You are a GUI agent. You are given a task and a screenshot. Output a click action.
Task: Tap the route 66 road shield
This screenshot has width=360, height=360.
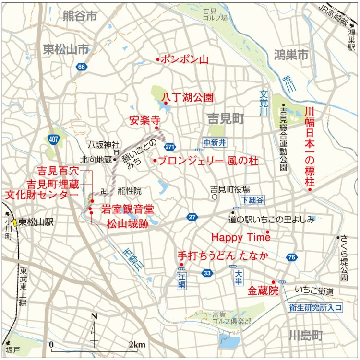(82, 67)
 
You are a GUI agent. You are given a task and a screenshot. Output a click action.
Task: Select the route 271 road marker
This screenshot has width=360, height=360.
(169, 146)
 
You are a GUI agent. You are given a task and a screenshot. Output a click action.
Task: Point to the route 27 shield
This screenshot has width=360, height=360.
(192, 217)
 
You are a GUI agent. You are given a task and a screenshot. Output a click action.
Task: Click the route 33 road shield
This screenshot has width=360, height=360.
(207, 273)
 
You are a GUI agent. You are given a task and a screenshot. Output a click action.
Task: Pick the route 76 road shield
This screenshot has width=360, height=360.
(291, 257)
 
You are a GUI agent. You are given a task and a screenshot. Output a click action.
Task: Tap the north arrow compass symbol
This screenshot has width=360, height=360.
(94, 327)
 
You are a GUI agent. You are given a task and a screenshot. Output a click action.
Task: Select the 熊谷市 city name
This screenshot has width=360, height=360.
(80, 16)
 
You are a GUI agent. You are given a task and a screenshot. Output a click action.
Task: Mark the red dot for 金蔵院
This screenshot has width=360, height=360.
(273, 282)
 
